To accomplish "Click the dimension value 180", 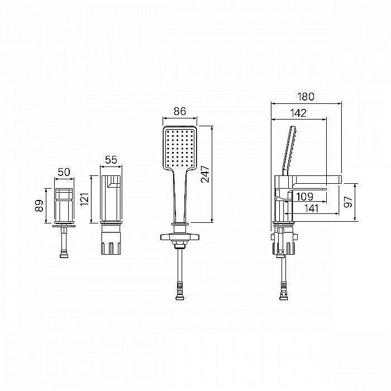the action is tap(306, 97).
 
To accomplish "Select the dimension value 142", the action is tap(298, 113).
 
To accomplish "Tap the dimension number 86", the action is tap(179, 111).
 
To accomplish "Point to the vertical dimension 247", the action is tap(205, 174).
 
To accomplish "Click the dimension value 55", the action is tap(111, 160).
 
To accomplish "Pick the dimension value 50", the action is tap(64, 172).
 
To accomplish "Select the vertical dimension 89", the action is tap(39, 206).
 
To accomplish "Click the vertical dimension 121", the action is tap(84, 199).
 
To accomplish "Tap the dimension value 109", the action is tap(304, 197).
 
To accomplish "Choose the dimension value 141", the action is tap(312, 208).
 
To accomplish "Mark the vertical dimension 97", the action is tap(348, 202).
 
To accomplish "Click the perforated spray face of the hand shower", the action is tap(179, 148).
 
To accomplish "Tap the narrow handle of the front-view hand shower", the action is tap(179, 197).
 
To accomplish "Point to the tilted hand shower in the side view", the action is tap(289, 150).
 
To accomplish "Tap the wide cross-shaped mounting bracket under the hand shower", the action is tap(179, 237).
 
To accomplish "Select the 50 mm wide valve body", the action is tap(64, 205).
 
